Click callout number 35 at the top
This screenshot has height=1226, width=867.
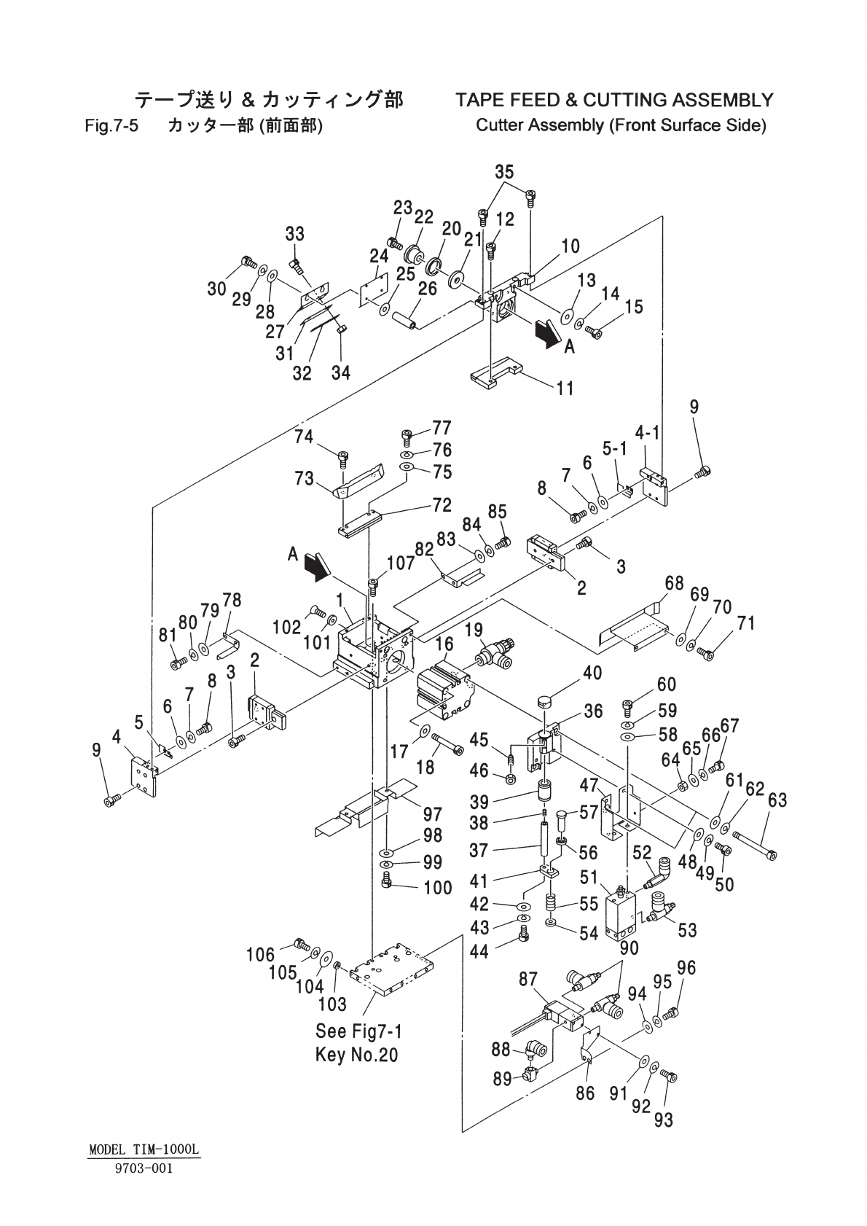[x=504, y=172]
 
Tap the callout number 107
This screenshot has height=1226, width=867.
[x=401, y=563]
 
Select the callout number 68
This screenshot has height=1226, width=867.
[x=674, y=584]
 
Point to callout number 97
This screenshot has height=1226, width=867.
[x=433, y=813]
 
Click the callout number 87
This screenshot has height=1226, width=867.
[x=528, y=980]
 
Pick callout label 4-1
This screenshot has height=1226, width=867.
[x=647, y=433]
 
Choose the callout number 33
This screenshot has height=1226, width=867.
[x=294, y=234]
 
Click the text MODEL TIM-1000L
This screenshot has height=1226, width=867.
[x=144, y=1149]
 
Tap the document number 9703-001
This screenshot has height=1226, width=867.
[x=144, y=1168]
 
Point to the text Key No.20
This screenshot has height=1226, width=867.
[x=357, y=1054]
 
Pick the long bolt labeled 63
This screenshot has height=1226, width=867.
[x=754, y=845]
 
